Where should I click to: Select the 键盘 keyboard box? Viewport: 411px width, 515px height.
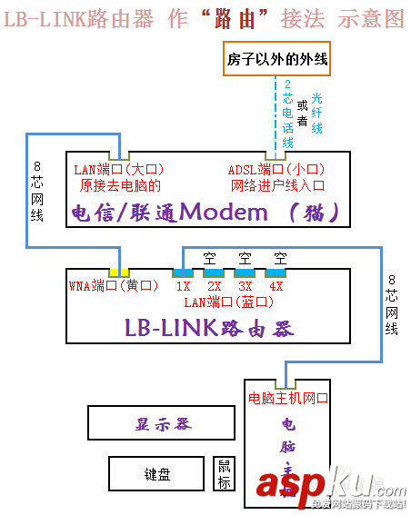pos(156,473)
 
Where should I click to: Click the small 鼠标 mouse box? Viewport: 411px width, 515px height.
pos(225,472)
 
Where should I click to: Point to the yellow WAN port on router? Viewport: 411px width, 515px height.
pos(119,272)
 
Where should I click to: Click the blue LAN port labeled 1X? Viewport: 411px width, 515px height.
pos(183,272)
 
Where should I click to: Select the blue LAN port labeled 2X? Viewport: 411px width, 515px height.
pos(214,272)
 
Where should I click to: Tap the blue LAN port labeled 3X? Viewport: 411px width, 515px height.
pos(245,272)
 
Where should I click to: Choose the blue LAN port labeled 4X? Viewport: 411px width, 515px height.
pos(276,272)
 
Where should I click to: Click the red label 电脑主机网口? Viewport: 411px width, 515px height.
pos(287,398)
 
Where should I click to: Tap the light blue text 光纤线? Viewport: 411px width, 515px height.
pos(316,114)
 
